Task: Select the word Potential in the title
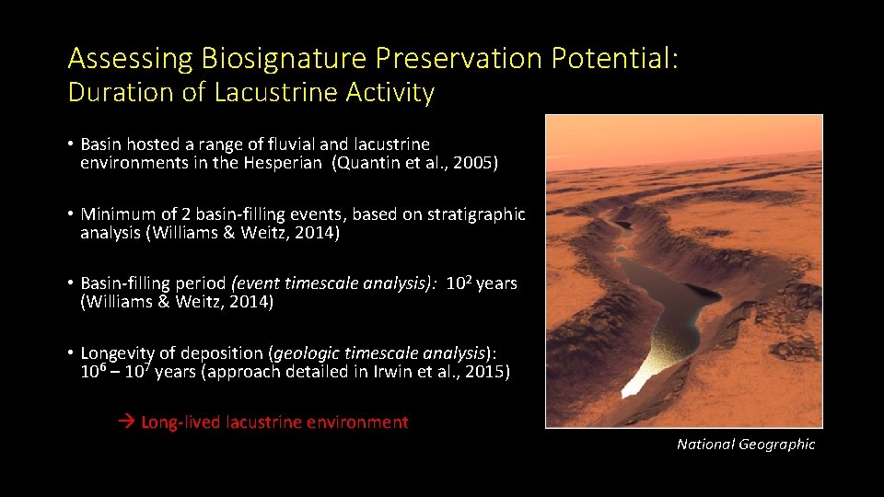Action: pos(612,59)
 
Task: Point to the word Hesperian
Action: pos(282,164)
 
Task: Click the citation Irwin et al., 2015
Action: pos(441,371)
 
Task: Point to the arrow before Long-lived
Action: pos(127,422)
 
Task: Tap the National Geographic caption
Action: pos(746,445)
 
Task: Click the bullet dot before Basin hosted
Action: pos(70,145)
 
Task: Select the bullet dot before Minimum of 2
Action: pos(70,214)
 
